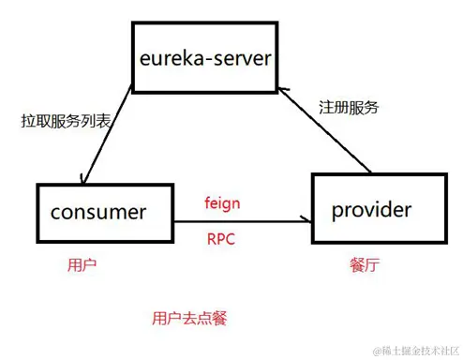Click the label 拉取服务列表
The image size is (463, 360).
pos(59,121)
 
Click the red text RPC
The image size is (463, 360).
pos(220,238)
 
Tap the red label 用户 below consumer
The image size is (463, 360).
pos(82,265)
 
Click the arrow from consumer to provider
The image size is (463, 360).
pos(234,221)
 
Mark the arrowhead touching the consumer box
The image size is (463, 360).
pos(87,181)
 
